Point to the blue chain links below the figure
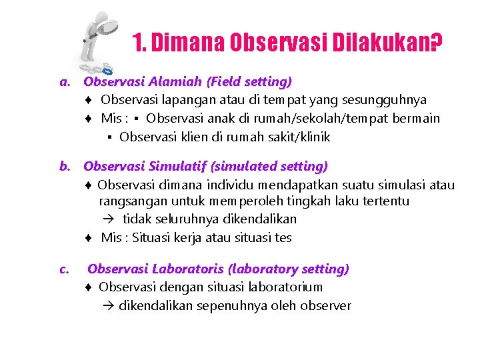coord(97,68)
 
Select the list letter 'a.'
coord(65,83)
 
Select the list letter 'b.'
coord(66,166)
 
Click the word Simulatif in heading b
coord(179,165)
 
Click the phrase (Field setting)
coord(249,82)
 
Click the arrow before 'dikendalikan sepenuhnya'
coord(109,306)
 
